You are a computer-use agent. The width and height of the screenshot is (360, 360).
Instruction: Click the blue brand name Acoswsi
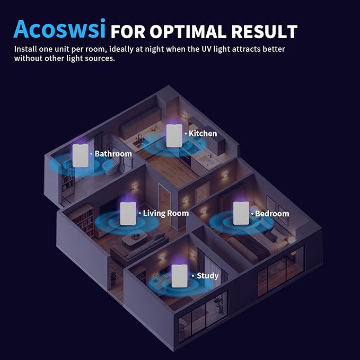coord(59,29)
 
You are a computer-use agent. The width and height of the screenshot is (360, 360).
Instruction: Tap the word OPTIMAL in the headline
coord(188,31)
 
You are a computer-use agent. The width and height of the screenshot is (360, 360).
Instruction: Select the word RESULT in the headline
coord(264,31)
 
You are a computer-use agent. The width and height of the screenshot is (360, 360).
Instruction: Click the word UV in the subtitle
coord(207,49)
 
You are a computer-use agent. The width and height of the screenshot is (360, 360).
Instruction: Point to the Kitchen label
coord(203,134)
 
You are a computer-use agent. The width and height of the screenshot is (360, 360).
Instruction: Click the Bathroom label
coord(113,154)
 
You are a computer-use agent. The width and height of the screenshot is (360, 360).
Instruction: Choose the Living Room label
coord(166,213)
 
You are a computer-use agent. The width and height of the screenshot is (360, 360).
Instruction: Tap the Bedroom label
coord(272,214)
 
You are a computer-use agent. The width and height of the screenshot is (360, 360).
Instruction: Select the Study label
coord(207,276)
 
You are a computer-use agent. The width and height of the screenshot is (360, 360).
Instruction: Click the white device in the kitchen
coord(174,136)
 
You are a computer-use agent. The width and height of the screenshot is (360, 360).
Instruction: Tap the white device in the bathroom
coord(81,156)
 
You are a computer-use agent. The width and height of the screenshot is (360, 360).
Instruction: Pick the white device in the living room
coord(128,214)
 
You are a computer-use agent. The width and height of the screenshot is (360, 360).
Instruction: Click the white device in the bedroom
coord(241,213)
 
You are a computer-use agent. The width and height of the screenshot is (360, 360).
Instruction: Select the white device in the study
coord(180,276)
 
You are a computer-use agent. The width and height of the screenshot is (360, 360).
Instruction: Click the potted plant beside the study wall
coord(114,277)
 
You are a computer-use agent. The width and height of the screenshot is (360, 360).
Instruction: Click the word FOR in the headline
coord(128,31)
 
